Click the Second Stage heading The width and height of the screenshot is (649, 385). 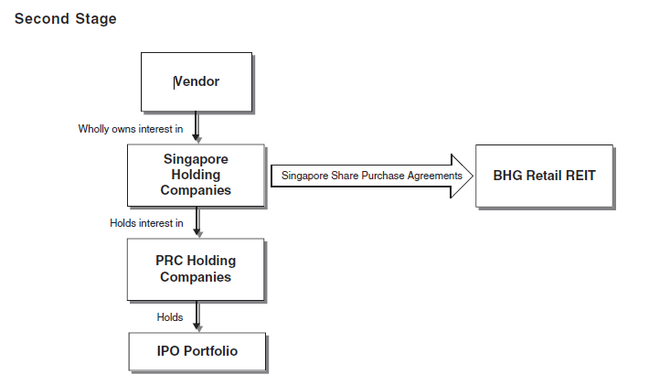pos(66,18)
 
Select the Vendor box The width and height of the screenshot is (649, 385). pos(196,81)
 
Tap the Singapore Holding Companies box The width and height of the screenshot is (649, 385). pos(196,174)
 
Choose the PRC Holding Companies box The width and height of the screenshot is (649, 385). pos(196,269)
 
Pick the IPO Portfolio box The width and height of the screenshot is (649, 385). pos(196,350)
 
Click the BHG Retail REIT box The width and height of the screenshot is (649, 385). pos(544,175)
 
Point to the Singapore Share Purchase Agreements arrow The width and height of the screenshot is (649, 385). pos(370,175)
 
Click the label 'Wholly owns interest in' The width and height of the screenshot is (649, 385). pos(131,129)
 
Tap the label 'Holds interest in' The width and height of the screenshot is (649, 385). pos(146,223)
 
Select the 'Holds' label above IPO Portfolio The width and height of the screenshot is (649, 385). pos(169,317)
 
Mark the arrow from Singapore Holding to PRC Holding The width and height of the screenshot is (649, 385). pos(196,222)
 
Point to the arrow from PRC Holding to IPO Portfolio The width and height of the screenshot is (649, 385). pos(196,316)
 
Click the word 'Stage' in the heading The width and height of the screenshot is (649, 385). pos(96,18)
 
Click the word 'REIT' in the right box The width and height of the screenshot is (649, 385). pos(578,175)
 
